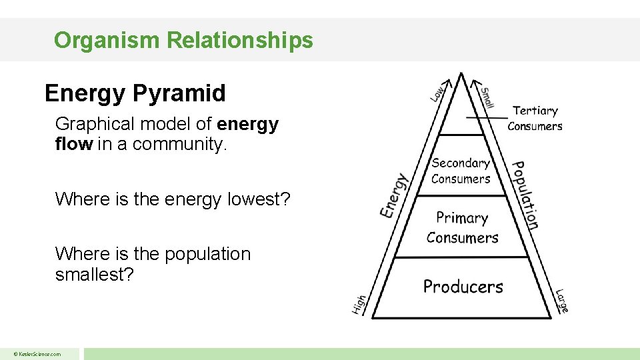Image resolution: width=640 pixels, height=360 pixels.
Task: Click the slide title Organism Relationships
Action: [x=183, y=41]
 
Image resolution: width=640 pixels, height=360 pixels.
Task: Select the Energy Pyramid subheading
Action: [x=135, y=93]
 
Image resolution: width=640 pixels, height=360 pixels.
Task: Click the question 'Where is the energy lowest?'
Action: [x=173, y=199]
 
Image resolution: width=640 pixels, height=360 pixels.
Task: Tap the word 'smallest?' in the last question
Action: [x=95, y=274]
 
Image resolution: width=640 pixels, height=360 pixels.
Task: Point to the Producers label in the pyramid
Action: [x=463, y=287]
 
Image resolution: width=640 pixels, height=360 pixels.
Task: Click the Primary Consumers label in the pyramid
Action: [x=462, y=227]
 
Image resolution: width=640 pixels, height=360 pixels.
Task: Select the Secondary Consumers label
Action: [x=460, y=171]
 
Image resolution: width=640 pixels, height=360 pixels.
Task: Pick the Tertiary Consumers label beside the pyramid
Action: [x=535, y=118]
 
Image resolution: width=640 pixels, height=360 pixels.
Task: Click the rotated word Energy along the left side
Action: [x=394, y=195]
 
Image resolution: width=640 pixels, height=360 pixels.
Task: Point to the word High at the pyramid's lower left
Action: [x=359, y=305]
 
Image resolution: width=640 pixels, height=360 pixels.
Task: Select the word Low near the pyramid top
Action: [x=437, y=93]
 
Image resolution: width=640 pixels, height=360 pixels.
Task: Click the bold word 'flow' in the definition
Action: [x=73, y=143]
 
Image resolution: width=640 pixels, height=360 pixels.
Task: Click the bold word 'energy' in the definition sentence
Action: [x=247, y=124]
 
